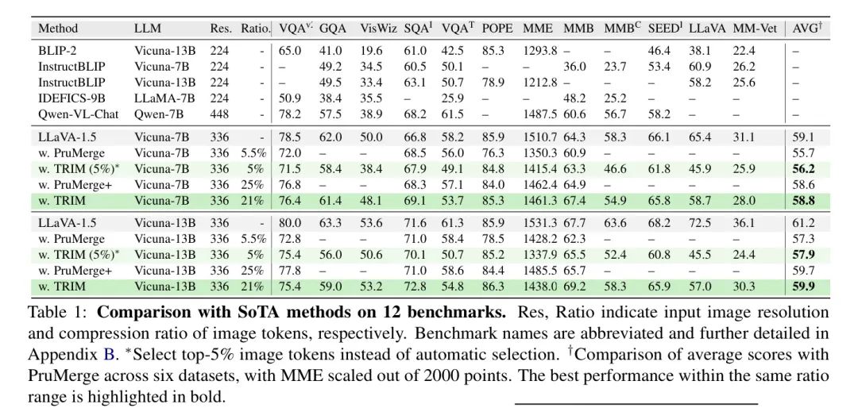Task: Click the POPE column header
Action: pos(497,29)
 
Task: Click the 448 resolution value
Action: pos(220,114)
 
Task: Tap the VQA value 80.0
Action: pos(290,223)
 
